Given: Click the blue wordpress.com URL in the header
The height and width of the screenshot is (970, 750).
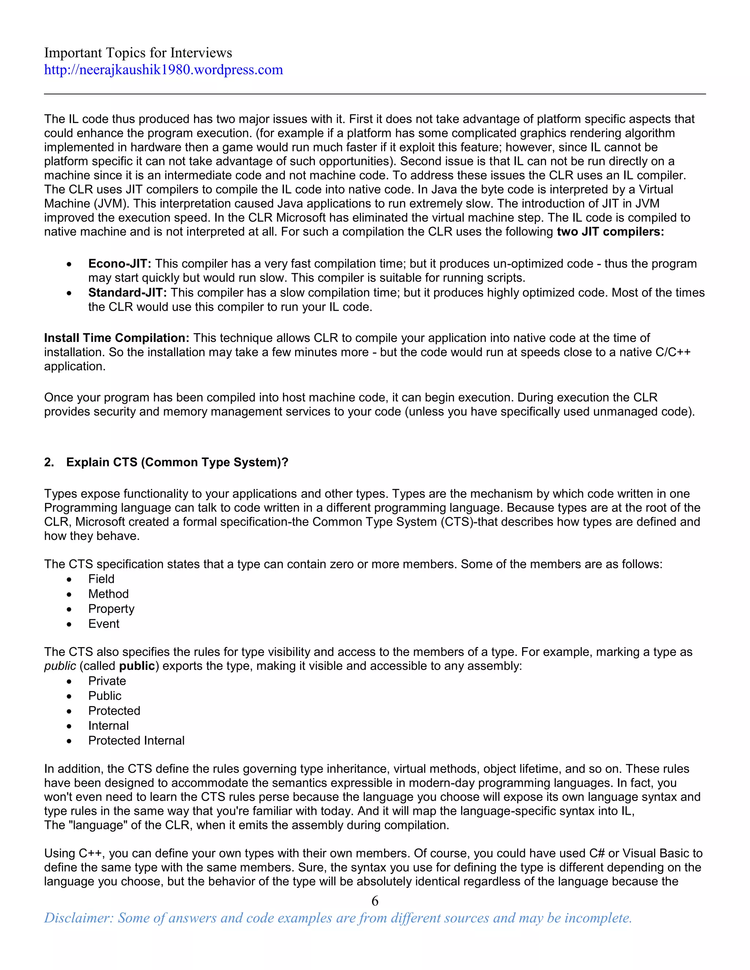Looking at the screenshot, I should (163, 70).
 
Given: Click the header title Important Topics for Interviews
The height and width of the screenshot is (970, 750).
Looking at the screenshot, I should (138, 53).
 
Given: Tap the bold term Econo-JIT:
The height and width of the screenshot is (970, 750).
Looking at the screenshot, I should (119, 264).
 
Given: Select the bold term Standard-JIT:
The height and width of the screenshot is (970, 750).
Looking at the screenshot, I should (127, 293).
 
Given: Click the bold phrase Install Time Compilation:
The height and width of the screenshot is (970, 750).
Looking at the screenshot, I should (116, 338).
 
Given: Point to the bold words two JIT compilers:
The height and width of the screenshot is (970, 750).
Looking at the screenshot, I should (610, 232).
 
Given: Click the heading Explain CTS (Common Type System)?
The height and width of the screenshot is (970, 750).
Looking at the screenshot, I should (177, 462).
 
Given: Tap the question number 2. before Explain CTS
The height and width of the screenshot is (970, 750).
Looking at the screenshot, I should (49, 462).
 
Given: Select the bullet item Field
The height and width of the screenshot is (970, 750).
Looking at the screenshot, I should (101, 579).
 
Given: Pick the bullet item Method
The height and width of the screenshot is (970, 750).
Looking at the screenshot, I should (108, 594).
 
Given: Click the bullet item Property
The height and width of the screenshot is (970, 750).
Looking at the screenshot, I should (111, 609).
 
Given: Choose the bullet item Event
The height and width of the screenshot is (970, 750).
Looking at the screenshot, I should (104, 624).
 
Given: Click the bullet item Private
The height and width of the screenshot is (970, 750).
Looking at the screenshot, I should (107, 681).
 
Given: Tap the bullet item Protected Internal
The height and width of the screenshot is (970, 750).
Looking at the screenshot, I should (136, 741).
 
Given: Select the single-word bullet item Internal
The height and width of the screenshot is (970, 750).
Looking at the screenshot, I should (108, 726).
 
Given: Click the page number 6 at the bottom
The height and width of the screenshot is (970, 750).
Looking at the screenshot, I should (375, 901).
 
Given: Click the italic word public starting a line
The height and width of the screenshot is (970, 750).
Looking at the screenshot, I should (60, 666).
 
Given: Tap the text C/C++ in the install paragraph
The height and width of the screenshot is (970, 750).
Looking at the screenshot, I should (673, 352).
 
